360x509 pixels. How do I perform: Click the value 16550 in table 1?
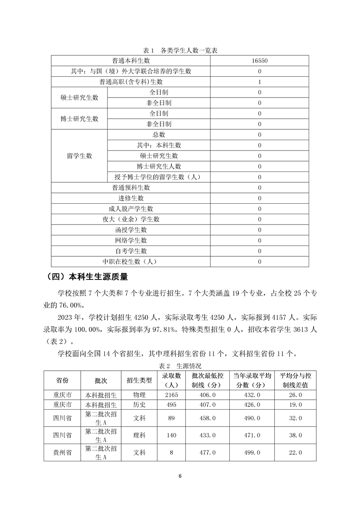(x=259, y=61)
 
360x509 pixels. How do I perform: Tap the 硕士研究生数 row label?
(x=79, y=98)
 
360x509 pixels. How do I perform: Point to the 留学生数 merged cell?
(x=79, y=156)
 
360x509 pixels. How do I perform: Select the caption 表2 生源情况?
(x=180, y=365)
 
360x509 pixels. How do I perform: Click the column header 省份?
(x=62, y=380)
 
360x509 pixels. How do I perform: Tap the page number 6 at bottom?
(x=180, y=476)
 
